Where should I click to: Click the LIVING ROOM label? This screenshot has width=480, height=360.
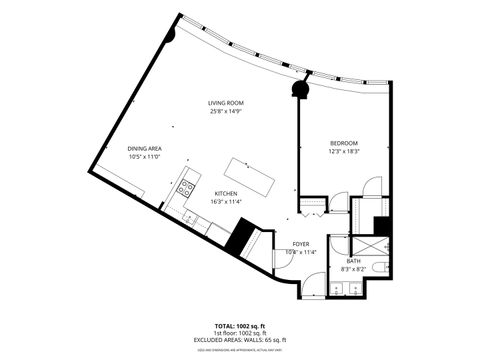[226, 103]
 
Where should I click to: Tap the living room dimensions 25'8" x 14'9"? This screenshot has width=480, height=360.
[226, 112]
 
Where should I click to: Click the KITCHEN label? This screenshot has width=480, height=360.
[226, 193]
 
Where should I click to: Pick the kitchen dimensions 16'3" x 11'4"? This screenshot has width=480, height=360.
[226, 202]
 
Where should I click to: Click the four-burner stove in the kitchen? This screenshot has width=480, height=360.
[186, 187]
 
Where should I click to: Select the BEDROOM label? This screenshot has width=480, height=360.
[344, 142]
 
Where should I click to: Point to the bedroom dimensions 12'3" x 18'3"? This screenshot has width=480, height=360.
[344, 151]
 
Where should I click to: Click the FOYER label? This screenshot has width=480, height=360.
[301, 244]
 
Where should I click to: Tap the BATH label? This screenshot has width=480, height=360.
[353, 260]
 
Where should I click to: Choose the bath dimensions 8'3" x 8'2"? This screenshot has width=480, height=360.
[353, 269]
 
